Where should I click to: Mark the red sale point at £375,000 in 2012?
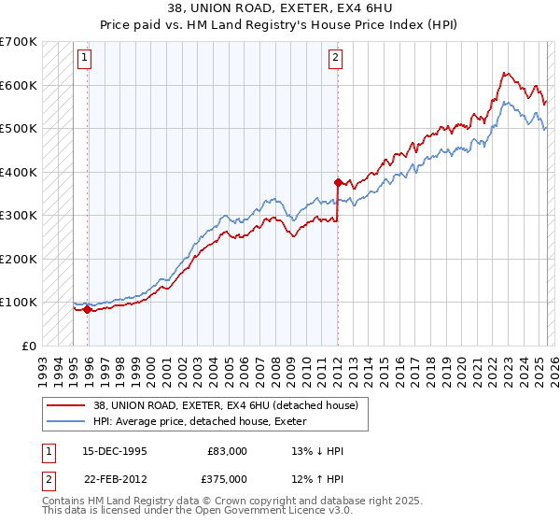337,183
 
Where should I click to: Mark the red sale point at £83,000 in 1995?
88,310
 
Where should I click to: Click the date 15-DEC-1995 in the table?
114,451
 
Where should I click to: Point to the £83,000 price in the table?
226,451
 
